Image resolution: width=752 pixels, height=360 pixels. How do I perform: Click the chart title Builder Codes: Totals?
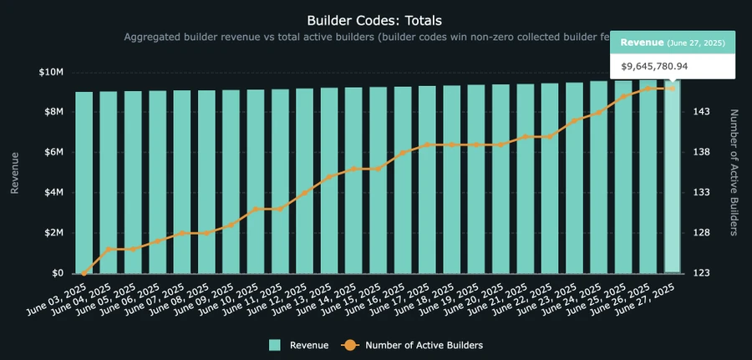pos(375,19)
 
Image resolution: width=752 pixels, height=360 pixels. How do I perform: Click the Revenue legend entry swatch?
pos(275,344)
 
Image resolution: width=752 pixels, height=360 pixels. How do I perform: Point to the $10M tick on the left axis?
pos(51,72)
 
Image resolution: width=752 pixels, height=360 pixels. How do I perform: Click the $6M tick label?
pos(53,152)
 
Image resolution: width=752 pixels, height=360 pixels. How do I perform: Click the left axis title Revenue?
pos(14,173)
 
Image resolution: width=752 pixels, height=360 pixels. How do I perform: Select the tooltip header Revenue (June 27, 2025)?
pos(673,42)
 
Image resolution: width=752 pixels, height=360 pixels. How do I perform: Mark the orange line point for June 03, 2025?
pos(84,273)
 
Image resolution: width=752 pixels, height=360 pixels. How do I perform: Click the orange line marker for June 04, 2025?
pos(109,249)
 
